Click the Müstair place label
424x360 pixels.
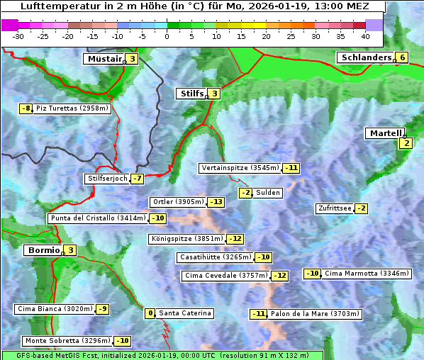[104, 59]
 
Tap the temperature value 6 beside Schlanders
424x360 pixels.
[402, 58]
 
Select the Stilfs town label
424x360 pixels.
[190, 93]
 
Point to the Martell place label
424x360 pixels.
[384, 133]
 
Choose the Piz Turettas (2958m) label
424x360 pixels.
[72, 108]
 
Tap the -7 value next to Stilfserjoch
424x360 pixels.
[138, 179]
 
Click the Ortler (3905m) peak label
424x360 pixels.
[178, 202]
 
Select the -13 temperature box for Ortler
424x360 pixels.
[216, 202]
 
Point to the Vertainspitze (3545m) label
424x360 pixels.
[240, 168]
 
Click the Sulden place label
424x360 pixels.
[269, 193]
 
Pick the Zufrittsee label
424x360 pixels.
[334, 208]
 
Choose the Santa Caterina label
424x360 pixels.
[184, 313]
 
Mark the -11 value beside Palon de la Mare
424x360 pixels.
[259, 314]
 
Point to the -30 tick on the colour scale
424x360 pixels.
[18, 35]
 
